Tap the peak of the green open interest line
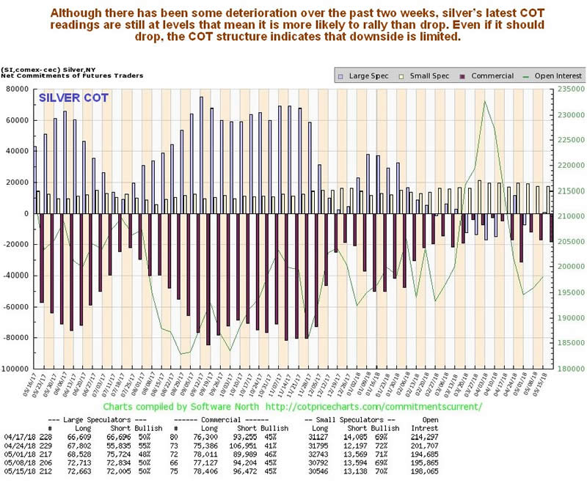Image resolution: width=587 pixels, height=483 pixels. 484,101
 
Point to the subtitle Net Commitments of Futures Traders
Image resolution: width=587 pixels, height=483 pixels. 51,75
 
